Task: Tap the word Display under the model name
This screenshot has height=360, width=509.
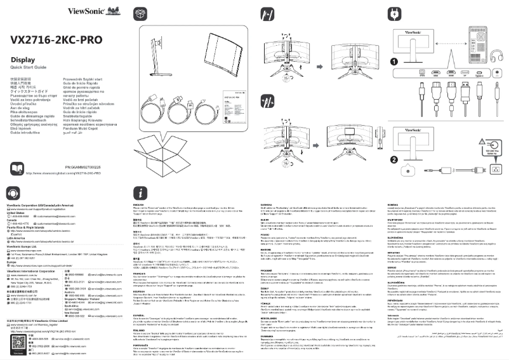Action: pyautogui.click(x=23, y=60)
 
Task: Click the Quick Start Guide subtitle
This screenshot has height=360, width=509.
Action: pyautogui.click(x=32, y=67)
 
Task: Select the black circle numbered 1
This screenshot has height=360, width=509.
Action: pyautogui.click(x=394, y=62)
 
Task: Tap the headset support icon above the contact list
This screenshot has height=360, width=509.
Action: pyautogui.click(x=13, y=192)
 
